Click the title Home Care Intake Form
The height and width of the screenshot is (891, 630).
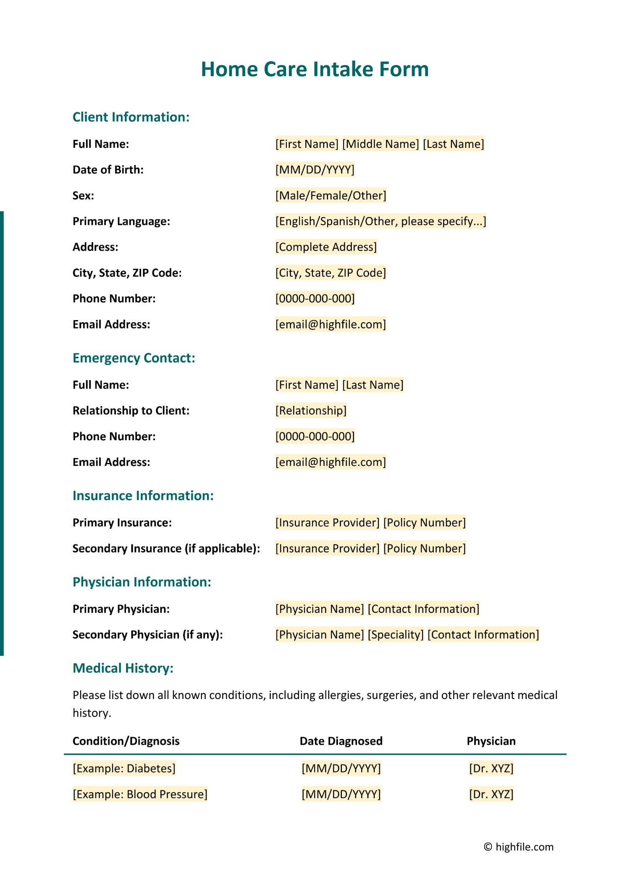click(x=315, y=69)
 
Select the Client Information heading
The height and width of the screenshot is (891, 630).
click(x=131, y=117)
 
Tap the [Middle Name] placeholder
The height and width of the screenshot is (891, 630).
click(x=381, y=144)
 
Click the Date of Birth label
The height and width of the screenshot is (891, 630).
click(x=108, y=170)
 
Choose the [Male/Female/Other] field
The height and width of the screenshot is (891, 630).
click(x=331, y=195)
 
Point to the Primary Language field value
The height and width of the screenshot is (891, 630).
click(x=381, y=221)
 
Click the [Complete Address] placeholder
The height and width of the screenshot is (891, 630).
click(x=326, y=247)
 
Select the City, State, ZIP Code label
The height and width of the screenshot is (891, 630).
click(x=127, y=273)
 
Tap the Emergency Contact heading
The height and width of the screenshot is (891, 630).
click(x=134, y=358)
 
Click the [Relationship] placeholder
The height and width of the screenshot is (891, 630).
click(x=311, y=410)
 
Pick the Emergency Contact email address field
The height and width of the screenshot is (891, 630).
click(x=331, y=462)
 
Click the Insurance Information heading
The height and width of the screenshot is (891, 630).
click(x=143, y=496)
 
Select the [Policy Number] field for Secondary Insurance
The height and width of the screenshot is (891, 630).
click(x=424, y=549)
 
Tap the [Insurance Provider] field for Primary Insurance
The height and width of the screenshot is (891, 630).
click(x=327, y=523)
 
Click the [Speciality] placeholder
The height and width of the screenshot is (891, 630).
click(x=396, y=635)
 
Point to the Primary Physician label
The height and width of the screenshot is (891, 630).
click(x=121, y=609)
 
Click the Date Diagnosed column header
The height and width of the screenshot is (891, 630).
click(x=341, y=741)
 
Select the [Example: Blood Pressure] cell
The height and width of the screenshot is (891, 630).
click(x=140, y=794)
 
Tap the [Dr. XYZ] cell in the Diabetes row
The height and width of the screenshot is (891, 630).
click(x=491, y=768)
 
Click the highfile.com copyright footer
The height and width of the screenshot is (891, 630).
click(x=518, y=847)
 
